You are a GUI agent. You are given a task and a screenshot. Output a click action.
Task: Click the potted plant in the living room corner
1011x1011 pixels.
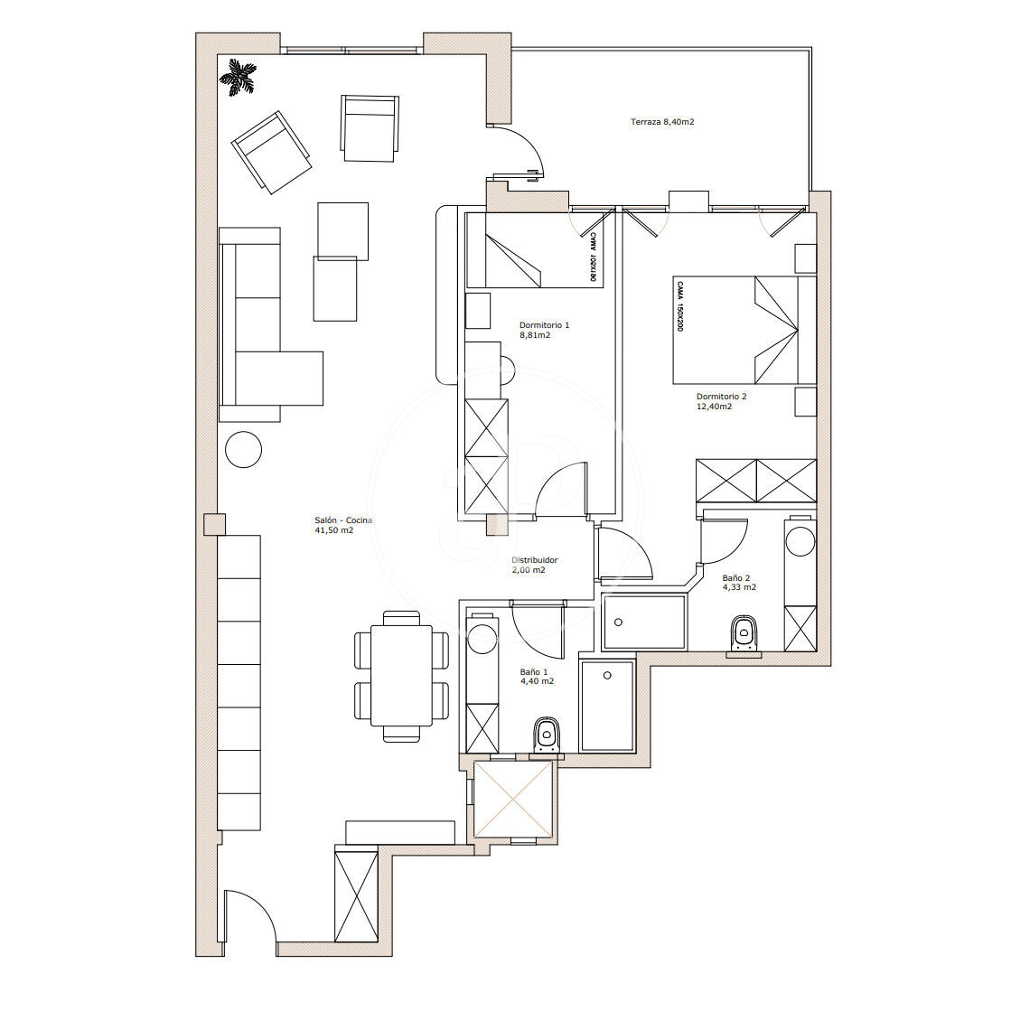[238, 78]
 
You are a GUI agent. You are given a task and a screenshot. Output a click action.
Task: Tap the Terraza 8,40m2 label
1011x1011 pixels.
[662, 122]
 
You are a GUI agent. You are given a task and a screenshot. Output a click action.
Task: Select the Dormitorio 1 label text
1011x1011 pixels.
[544, 325]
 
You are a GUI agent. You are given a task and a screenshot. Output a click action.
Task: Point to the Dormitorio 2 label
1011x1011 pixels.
[721, 397]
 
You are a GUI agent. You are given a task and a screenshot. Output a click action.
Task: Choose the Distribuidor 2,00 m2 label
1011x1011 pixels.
[535, 565]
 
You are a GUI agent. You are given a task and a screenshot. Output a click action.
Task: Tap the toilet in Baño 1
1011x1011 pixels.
[548, 735]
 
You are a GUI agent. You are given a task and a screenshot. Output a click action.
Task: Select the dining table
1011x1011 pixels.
[401, 675]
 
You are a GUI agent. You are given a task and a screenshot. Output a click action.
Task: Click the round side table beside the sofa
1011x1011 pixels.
[244, 449]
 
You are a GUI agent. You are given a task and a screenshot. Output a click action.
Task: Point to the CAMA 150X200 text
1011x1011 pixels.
[679, 305]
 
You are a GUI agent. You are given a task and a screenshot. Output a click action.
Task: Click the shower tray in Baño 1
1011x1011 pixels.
[607, 706]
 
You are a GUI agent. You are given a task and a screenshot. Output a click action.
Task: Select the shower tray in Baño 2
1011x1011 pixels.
[644, 623]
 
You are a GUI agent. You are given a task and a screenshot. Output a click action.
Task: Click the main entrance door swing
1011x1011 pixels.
[250, 915]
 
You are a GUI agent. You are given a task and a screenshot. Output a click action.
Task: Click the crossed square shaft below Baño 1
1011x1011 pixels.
[513, 799]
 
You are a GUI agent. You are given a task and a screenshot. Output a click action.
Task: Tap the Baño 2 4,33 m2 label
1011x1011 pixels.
[739, 583]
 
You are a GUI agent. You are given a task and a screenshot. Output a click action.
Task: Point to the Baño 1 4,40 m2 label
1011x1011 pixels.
[537, 677]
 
